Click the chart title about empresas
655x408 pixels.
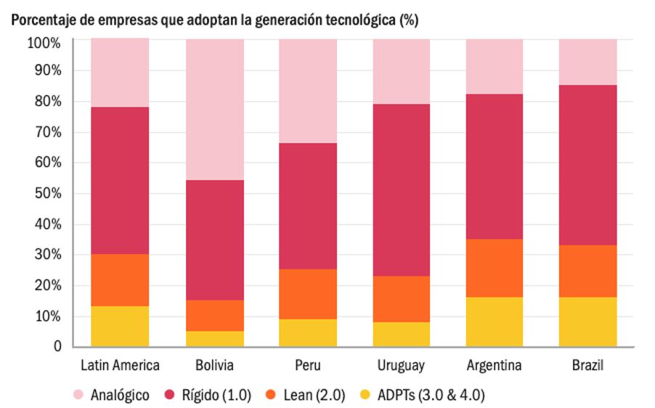point(214,20)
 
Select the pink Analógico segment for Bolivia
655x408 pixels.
point(214,109)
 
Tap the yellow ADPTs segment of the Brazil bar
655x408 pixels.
point(587,322)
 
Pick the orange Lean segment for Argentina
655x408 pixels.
point(494,268)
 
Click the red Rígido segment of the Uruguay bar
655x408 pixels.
point(401,189)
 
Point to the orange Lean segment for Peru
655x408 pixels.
point(308,294)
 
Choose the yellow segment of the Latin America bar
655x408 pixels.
point(120,326)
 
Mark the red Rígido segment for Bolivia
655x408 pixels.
point(214,240)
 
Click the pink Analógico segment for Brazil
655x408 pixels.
point(587,62)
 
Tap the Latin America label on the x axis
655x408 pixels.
point(120,364)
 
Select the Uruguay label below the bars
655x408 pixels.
point(401,364)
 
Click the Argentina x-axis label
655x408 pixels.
point(494,364)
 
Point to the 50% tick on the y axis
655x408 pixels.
point(46,194)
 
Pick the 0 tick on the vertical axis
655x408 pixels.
point(56,346)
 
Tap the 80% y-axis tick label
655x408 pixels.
point(46,102)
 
